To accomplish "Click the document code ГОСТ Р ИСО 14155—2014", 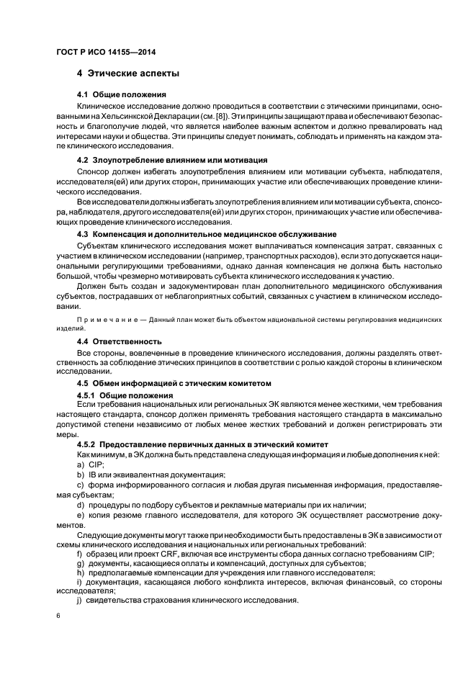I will tap(107, 52).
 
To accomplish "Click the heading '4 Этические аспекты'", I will tap(128, 74).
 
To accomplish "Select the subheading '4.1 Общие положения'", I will tap(122, 95).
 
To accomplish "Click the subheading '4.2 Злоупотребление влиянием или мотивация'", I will tap(172, 159).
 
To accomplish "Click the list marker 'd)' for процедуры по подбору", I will tap(79, 504).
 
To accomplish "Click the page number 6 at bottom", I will tap(58, 616).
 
